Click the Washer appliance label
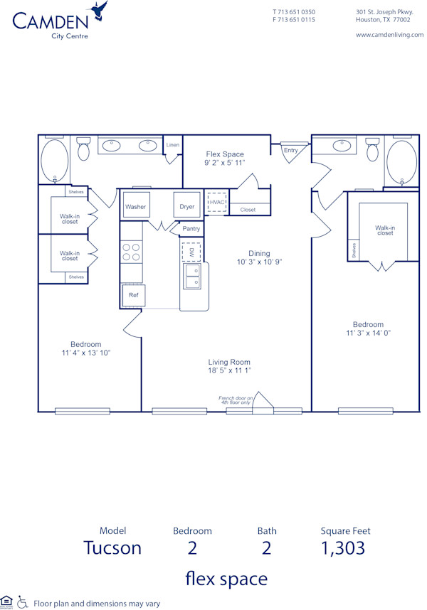tap(135, 207)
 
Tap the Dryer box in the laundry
tap(187, 206)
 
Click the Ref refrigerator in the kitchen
tap(133, 294)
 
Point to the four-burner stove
tap(132, 252)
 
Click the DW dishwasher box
tap(191, 252)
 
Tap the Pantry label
tap(191, 229)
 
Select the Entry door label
tap(290, 150)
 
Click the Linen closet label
tap(173, 145)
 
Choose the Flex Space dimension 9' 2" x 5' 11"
tap(225, 163)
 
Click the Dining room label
tap(259, 253)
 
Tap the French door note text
tap(236, 400)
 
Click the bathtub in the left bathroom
tap(53, 160)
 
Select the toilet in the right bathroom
tap(372, 150)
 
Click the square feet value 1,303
tap(344, 547)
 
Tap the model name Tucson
tap(112, 547)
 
